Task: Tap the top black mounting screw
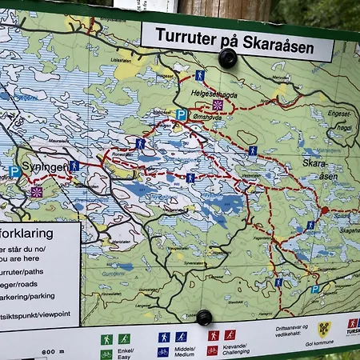pyautogui.click(x=228, y=58)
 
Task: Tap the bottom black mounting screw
pyautogui.click(x=204, y=317)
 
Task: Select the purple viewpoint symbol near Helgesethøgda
pyautogui.click(x=218, y=105)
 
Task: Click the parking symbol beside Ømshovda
pyautogui.click(x=181, y=115)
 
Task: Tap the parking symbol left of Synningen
pyautogui.click(x=15, y=172)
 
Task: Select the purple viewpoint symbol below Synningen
pyautogui.click(x=36, y=192)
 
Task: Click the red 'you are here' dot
pyautogui.click(x=324, y=210)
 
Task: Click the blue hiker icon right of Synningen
pyautogui.click(x=74, y=166)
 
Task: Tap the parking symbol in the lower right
pyautogui.click(x=315, y=289)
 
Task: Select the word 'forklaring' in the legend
pyautogui.click(x=28, y=234)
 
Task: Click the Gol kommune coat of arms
pyautogui.click(x=325, y=327)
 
